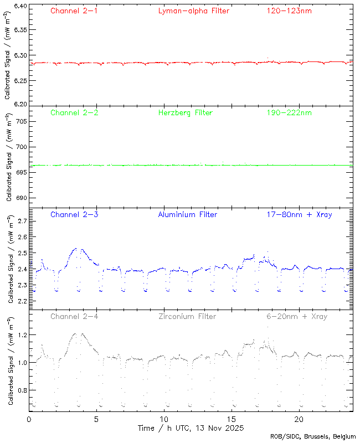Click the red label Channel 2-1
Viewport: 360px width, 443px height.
click(x=74, y=11)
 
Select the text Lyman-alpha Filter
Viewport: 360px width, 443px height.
click(x=193, y=11)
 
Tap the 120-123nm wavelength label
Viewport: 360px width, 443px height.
click(x=289, y=11)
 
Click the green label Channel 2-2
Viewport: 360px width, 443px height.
click(x=74, y=112)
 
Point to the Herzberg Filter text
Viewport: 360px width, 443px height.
click(x=185, y=112)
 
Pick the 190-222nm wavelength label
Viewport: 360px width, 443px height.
click(x=289, y=112)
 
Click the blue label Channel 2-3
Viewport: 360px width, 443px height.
click(x=74, y=214)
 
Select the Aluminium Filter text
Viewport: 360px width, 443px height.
click(x=187, y=214)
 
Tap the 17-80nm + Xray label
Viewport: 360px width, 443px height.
click(x=299, y=214)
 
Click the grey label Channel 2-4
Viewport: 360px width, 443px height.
click(x=74, y=316)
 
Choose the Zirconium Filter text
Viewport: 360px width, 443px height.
click(x=187, y=316)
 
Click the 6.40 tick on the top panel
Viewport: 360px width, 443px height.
click(x=19, y=7)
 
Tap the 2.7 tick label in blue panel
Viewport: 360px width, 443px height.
click(x=22, y=221)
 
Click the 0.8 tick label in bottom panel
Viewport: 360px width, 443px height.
click(x=22, y=390)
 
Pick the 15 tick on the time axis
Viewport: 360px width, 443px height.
click(x=232, y=419)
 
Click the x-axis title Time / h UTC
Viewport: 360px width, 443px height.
click(x=190, y=428)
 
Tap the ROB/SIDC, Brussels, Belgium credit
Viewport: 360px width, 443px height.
click(x=313, y=437)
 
